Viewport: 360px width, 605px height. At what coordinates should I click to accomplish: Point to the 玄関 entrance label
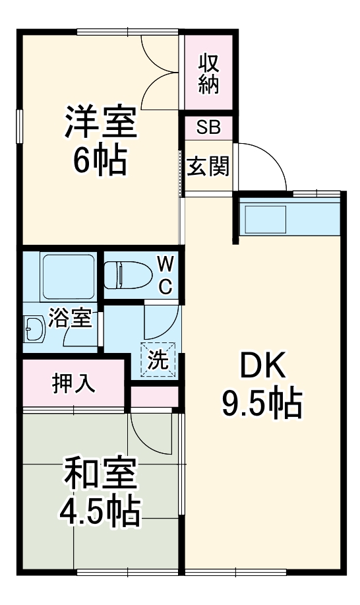208,166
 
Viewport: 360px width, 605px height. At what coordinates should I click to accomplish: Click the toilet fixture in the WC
125,274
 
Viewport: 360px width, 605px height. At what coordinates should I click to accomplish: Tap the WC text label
165,275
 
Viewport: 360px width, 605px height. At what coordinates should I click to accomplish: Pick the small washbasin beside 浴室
33,327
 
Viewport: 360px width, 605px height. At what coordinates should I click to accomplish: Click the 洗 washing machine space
158,360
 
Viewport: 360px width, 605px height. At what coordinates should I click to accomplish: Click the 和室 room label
100,472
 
